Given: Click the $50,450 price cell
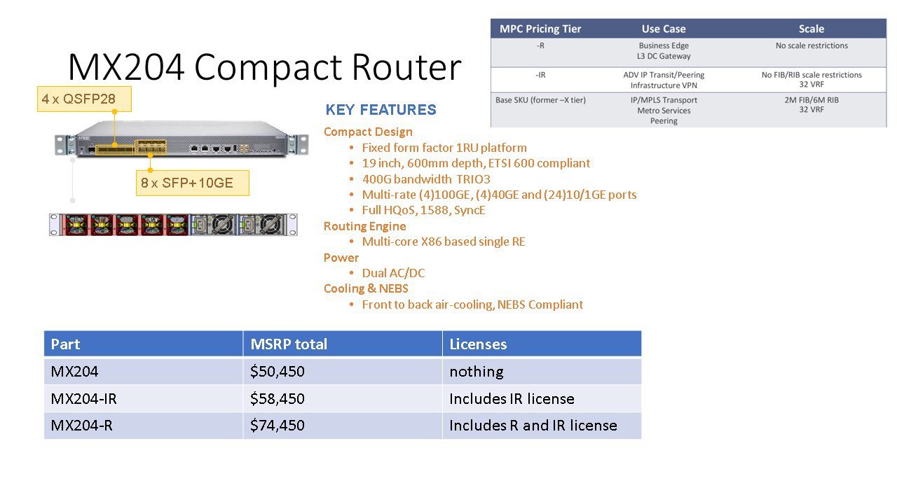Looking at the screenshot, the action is click(277, 372).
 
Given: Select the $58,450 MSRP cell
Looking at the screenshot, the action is click(277, 399).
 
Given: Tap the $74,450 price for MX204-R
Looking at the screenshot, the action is click(277, 425).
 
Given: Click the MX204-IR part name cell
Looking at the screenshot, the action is click(83, 399).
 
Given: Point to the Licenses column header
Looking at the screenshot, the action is click(478, 344).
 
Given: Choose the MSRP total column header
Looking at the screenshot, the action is click(289, 344).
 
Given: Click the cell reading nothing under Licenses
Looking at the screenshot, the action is click(477, 372).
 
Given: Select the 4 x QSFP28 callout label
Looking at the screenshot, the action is click(84, 99).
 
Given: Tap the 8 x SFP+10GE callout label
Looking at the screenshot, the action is click(193, 183).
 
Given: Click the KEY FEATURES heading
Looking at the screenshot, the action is click(381, 110).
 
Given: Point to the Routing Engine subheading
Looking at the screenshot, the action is click(365, 226).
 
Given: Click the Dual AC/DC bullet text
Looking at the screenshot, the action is click(393, 273).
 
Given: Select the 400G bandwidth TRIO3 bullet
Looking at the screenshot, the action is click(426, 178).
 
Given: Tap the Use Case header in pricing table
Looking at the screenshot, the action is click(664, 29).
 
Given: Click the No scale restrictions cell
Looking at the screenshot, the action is click(812, 45).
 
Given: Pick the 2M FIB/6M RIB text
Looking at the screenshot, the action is click(812, 100).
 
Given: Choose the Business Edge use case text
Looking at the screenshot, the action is click(664, 45).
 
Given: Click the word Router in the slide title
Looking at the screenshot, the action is click(406, 66).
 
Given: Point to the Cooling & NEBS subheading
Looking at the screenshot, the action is click(366, 288).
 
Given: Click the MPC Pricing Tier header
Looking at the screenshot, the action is click(540, 29).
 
